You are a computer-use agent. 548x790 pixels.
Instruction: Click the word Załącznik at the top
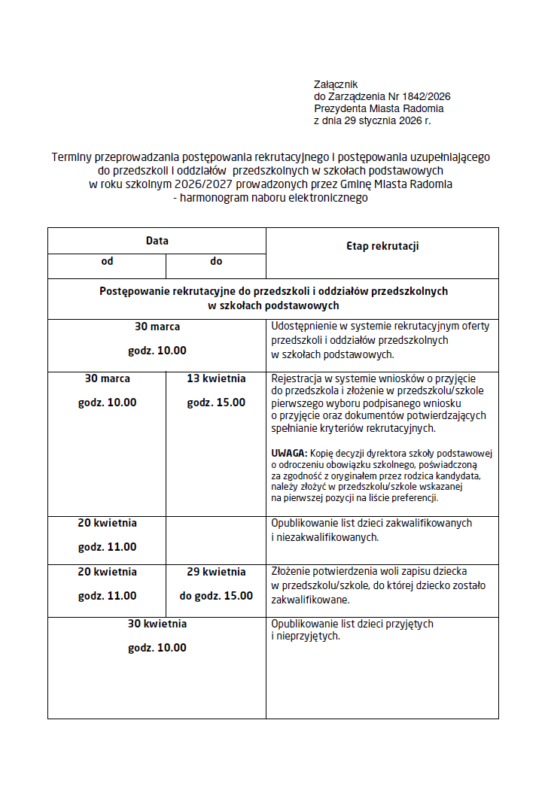[x=336, y=84]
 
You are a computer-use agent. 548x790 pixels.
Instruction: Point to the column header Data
[x=157, y=241]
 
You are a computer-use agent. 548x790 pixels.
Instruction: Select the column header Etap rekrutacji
[x=382, y=246]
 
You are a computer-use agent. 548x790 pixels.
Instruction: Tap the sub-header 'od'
[x=107, y=261]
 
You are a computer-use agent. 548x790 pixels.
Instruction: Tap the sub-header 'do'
[x=216, y=261]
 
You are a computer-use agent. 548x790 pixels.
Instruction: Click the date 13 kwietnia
[x=216, y=378]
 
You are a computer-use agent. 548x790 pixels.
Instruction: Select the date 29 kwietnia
[x=216, y=572]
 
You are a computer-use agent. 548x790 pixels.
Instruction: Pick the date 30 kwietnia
[x=157, y=624]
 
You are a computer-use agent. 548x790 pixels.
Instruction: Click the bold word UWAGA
[x=288, y=453]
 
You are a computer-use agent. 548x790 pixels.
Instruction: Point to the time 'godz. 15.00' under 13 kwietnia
[x=216, y=403]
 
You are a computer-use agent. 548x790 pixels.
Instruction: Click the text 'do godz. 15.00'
[x=216, y=596]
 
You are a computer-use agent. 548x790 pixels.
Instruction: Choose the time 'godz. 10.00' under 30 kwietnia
[x=157, y=648]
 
